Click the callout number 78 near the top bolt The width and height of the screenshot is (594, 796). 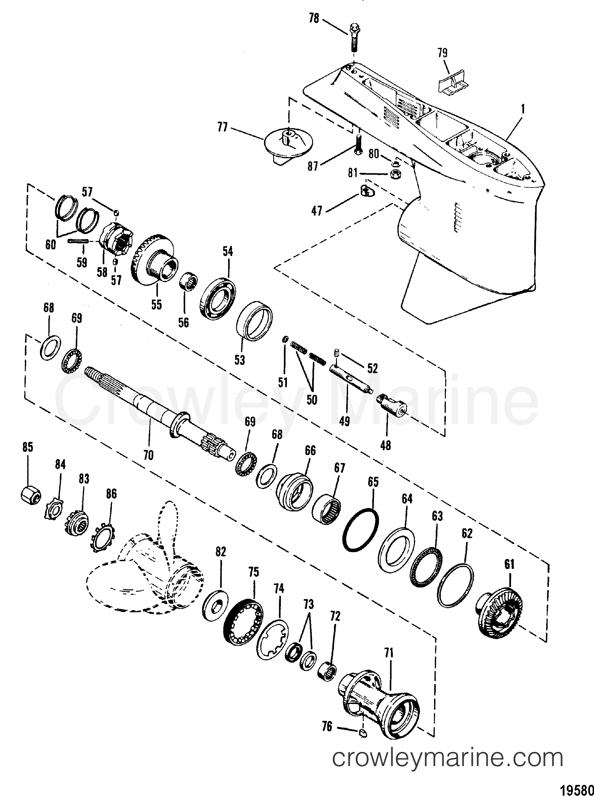(314, 19)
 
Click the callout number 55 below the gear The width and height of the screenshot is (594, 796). (156, 304)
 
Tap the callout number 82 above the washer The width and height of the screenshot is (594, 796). (220, 552)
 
